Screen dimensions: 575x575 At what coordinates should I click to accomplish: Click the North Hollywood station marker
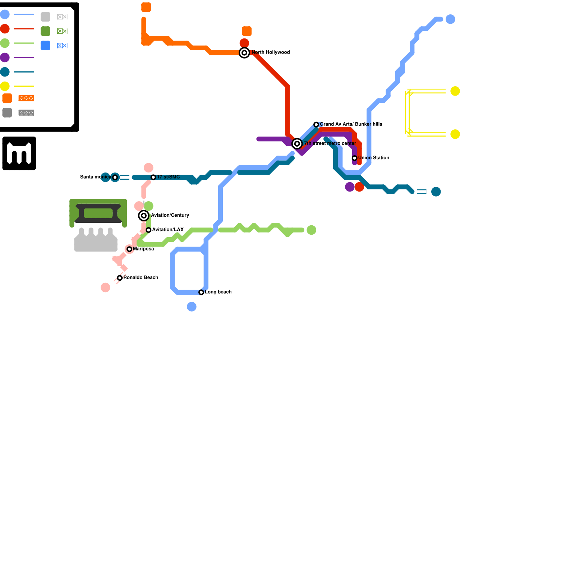244,53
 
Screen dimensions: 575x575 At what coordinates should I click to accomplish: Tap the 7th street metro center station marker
297,144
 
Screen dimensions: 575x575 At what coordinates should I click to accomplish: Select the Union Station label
373,158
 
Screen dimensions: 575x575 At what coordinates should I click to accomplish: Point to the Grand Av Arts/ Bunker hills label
351,124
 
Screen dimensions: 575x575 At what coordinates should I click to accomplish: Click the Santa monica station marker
115,177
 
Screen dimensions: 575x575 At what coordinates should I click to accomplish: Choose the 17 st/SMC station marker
153,177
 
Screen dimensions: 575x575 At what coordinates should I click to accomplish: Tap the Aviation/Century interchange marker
144,216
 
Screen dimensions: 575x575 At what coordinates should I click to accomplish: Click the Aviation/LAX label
168,230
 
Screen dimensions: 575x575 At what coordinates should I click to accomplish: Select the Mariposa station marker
129,249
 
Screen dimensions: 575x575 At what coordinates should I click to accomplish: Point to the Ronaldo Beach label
141,277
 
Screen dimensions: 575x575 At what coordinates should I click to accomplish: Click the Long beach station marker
201,292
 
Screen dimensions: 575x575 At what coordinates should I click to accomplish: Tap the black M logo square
19,153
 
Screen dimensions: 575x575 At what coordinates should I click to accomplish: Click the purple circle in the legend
5,57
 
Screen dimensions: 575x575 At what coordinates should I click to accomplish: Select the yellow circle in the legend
5,86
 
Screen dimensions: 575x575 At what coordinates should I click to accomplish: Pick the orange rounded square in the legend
7,98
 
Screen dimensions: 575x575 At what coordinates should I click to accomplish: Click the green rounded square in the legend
45,31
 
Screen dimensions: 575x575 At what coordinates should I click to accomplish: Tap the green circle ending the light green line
311,230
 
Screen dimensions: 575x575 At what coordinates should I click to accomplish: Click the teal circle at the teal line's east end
436,192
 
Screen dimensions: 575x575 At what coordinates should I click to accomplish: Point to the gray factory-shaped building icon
96,240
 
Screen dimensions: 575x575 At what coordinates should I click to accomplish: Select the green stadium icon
98,213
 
